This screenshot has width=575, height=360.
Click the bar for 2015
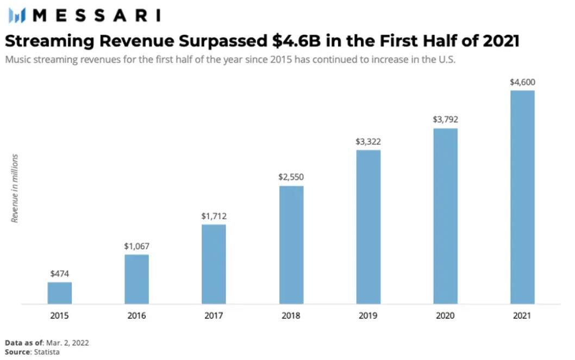tap(59, 293)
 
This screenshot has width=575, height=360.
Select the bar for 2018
tap(291, 245)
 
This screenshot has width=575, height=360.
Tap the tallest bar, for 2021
tap(522, 197)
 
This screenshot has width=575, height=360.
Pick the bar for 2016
tap(136, 279)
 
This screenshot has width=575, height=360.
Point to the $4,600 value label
tap(522, 82)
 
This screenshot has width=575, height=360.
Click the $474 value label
tap(59, 274)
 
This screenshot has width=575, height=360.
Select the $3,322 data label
tap(368, 141)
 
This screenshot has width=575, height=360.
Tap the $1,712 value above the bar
tap(214, 216)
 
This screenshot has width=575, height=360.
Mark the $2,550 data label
tap(291, 177)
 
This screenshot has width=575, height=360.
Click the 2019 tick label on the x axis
tap(368, 316)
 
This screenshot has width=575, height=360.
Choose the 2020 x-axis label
tap(445, 316)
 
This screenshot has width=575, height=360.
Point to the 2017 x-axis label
tap(214, 316)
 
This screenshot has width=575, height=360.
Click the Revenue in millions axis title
tap(15, 188)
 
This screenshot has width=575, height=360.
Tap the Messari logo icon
tap(17, 15)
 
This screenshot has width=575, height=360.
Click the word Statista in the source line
tap(46, 352)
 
